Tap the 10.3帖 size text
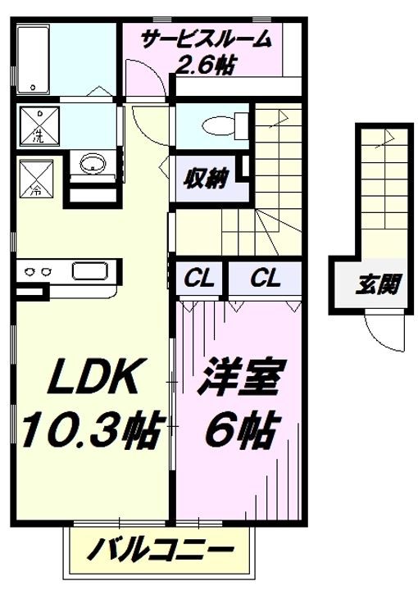point(93,430)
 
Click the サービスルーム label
point(206,39)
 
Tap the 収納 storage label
point(206,179)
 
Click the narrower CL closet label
point(199,279)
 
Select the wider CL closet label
point(266,279)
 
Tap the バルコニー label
point(160,551)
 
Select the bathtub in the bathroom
point(34,60)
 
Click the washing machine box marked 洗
point(39,125)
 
